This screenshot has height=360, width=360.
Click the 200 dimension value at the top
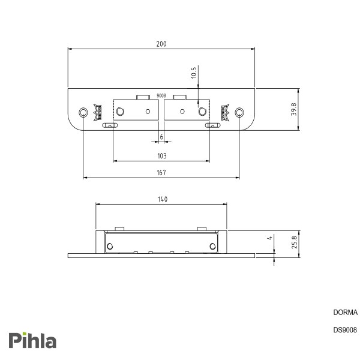coord(161,44)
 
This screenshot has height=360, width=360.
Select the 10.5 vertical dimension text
coord(194,73)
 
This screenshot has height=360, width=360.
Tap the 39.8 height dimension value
coord(293,109)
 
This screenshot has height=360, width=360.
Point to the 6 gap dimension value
coord(161,137)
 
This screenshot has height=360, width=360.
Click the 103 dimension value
coord(162,156)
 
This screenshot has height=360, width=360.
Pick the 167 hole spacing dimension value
coord(161,173)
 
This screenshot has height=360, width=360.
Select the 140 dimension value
coord(163,199)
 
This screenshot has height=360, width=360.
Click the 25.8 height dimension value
coord(295,242)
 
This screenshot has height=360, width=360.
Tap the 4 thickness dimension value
coord(270,238)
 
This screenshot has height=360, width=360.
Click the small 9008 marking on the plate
coord(161,95)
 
